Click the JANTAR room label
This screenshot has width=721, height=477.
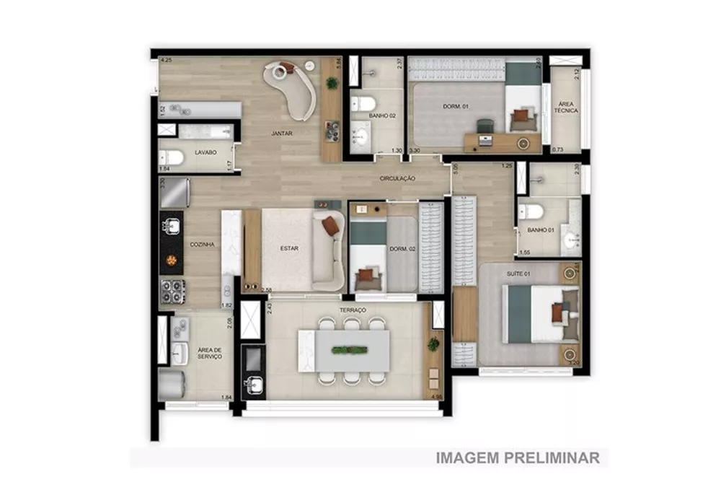pos(281,134)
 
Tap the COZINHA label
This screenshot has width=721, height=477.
pos(202,245)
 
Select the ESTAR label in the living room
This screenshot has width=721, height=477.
pos(289,248)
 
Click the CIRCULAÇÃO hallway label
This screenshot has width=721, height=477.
pos(399,178)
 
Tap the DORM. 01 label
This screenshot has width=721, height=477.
pos(455,107)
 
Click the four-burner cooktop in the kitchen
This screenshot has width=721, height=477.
pos(173,291)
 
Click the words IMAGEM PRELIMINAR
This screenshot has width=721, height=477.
pos(517,458)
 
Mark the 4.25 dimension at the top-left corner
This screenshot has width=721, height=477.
pos(166,60)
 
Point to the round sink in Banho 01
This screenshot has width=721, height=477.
pos(572,239)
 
